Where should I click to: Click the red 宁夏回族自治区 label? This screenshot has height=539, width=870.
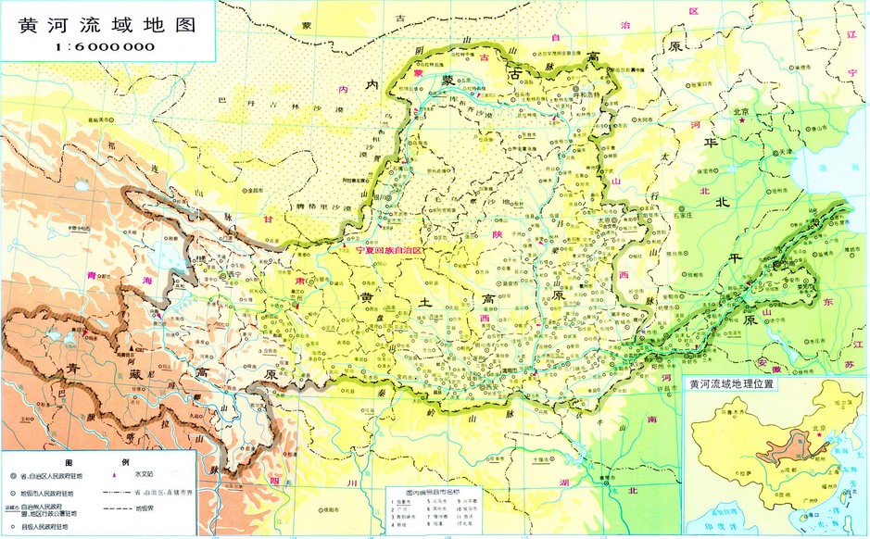[382, 250]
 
